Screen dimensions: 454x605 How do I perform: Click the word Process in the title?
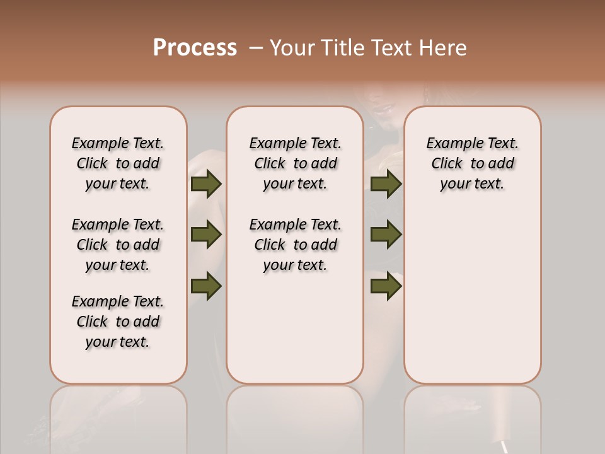point(195,48)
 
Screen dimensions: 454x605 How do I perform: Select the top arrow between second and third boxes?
point(386,184)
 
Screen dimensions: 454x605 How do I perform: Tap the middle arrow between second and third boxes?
point(386,235)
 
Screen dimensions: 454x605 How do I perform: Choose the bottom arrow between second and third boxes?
point(386,286)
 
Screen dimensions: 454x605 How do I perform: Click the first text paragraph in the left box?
point(118,163)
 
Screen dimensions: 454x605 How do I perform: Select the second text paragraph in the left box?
point(118,245)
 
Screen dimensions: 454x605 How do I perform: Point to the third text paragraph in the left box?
point(118,322)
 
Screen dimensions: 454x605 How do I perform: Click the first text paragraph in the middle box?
point(296,163)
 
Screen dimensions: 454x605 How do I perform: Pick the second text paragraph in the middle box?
point(296,245)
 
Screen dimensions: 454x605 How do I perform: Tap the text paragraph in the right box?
point(473,163)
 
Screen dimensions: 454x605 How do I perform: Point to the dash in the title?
point(255,48)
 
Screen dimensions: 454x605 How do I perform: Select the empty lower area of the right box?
point(473,296)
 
